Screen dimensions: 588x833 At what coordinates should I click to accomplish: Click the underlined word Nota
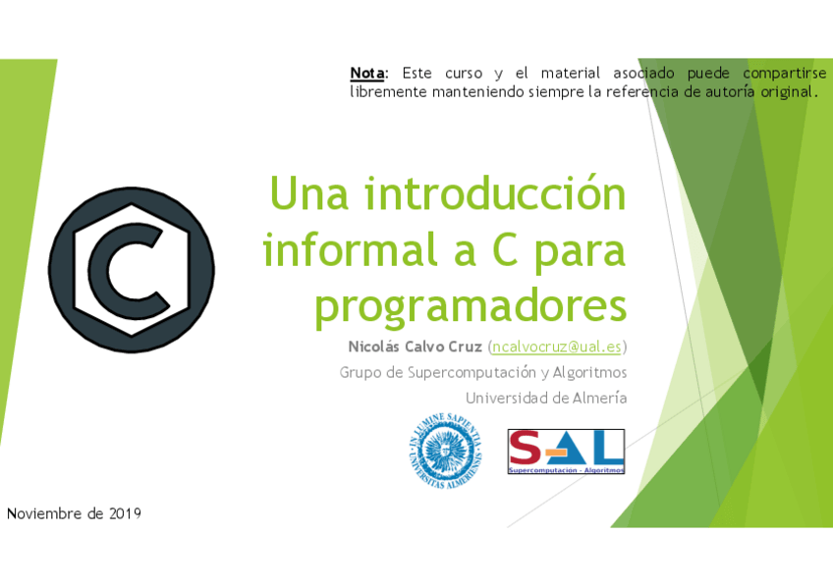[x=367, y=73]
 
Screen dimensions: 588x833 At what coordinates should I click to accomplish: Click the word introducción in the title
[x=495, y=194]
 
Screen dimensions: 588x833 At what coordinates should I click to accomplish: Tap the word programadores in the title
[x=471, y=305]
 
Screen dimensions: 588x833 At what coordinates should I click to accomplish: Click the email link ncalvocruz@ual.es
[x=557, y=347]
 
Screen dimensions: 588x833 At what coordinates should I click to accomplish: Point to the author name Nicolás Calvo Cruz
[x=416, y=347]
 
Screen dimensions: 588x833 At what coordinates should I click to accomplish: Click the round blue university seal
[x=444, y=452]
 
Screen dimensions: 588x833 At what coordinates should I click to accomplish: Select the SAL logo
[x=566, y=452]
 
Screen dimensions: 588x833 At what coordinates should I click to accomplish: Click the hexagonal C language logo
[x=131, y=270]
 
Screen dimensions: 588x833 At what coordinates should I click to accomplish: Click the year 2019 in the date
[x=125, y=513]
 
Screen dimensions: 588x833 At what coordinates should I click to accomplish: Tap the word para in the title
[x=580, y=249]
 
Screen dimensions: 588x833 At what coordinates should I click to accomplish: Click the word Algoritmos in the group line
[x=589, y=372]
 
